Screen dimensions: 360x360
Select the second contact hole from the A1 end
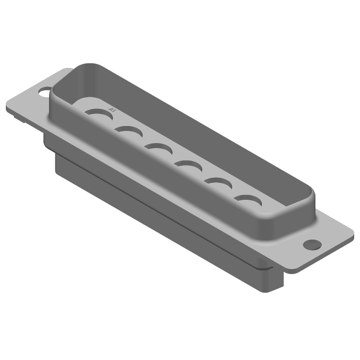pyautogui.click(x=129, y=132)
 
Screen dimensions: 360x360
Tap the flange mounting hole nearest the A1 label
pyautogui.click(x=45, y=93)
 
